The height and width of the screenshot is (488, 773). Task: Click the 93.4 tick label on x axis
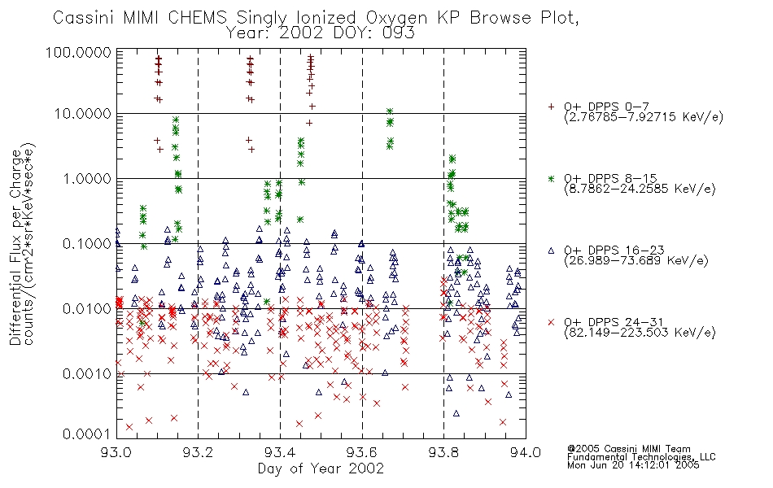[280, 452]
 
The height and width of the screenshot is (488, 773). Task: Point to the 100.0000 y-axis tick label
[78, 52]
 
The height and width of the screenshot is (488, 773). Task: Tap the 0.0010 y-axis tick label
[87, 373]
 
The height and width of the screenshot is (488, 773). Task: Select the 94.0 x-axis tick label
[526, 452]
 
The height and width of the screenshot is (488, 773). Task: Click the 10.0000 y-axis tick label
[83, 114]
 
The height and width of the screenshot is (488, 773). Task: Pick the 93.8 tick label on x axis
[443, 452]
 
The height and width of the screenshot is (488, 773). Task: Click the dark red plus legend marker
[551, 107]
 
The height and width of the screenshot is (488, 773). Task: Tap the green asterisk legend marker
[551, 178]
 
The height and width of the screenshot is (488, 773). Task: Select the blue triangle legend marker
[551, 251]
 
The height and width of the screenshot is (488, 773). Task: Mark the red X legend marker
[551, 322]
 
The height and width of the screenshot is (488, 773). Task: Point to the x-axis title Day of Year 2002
[321, 468]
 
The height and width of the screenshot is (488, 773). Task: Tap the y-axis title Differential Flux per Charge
[15, 247]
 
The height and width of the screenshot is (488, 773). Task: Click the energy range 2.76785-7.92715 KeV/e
[644, 117]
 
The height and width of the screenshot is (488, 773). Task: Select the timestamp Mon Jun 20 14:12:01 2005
[633, 465]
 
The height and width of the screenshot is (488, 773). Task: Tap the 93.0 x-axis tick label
[116, 452]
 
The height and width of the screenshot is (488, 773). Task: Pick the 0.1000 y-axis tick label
[87, 244]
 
